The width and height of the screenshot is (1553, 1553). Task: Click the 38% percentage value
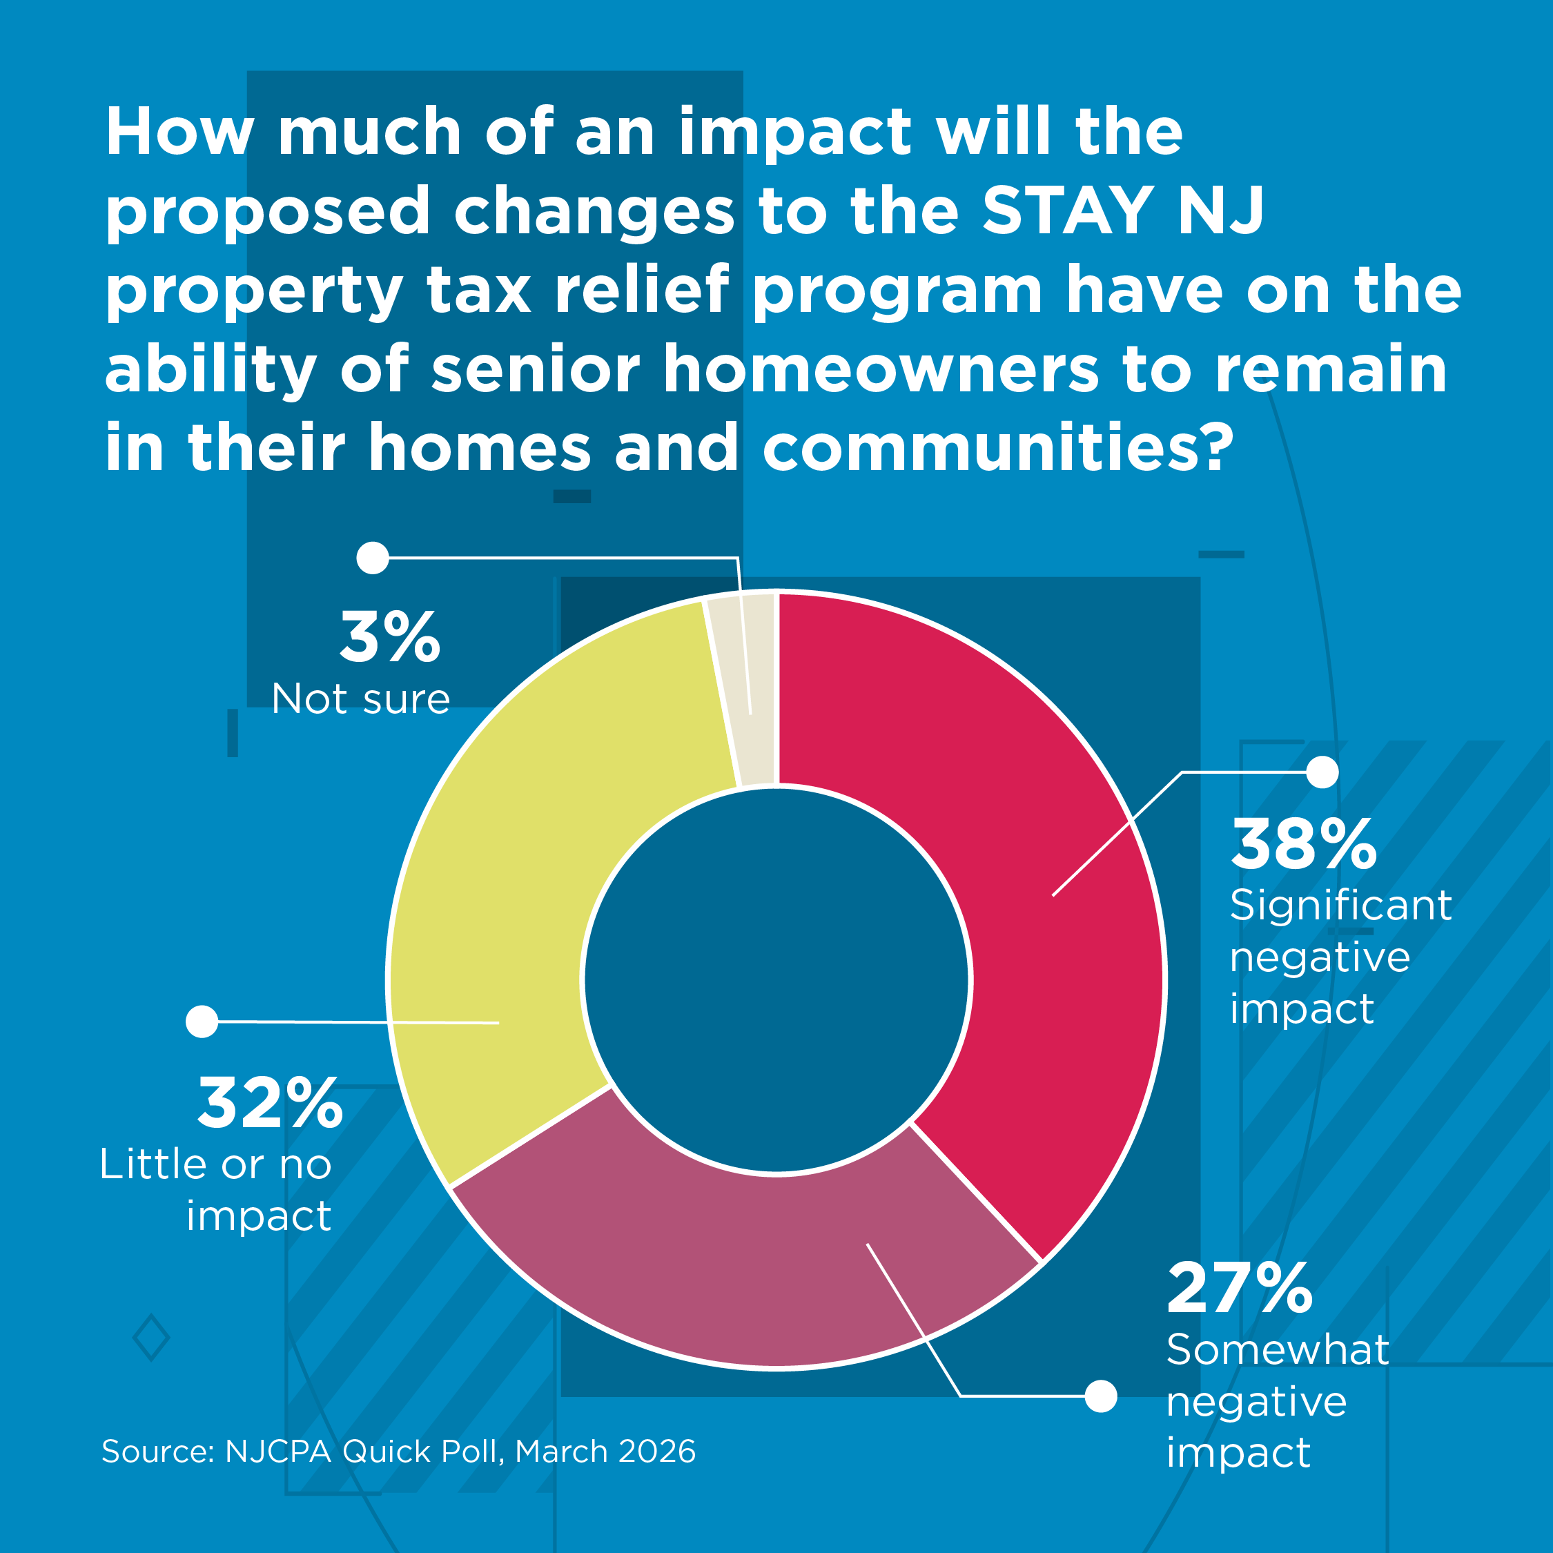(1303, 845)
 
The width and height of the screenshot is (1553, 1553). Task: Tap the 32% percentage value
(270, 1104)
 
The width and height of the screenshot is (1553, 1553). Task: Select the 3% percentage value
(390, 638)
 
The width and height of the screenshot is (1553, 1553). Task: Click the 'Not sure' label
(361, 699)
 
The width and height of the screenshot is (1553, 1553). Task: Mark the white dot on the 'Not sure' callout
(373, 557)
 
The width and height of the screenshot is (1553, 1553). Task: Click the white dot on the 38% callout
(1322, 772)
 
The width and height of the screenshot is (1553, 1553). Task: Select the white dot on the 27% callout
(1100, 1396)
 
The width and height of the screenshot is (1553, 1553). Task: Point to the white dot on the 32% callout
(202, 1022)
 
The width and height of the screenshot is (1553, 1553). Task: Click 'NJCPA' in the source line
(278, 1452)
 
